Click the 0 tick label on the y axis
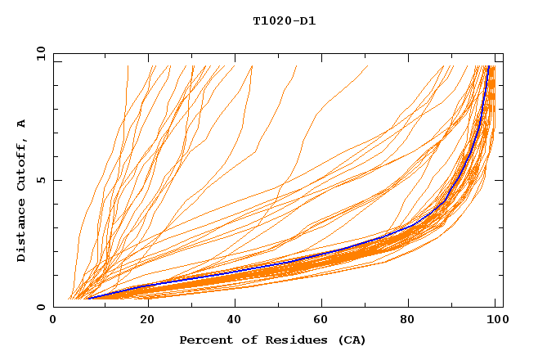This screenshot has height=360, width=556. coord(40,307)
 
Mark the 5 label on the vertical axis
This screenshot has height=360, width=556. coord(40,180)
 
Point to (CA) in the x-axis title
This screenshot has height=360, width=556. coord(352,340)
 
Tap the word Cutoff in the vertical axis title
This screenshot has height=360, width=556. coord(21,169)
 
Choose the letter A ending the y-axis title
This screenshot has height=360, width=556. coord(21,124)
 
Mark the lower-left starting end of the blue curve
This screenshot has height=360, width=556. coord(88,299)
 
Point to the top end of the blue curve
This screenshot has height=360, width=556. coord(489,66)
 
